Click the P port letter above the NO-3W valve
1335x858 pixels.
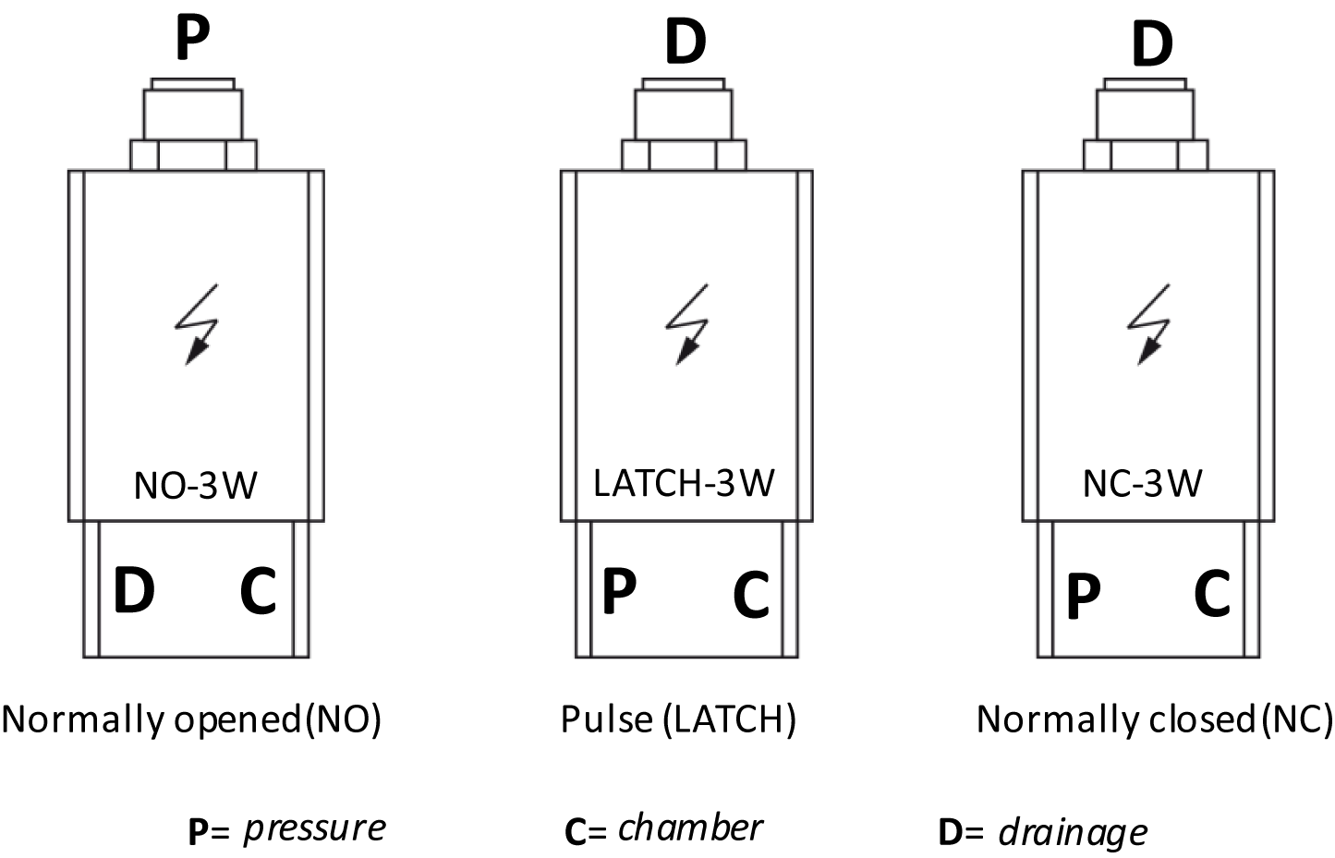[x=192, y=40]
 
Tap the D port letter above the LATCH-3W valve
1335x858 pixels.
[x=686, y=42]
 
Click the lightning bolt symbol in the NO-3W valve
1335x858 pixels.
[x=197, y=323]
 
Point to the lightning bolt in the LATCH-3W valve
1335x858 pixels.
[x=687, y=323]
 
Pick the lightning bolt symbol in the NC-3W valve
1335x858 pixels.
[x=1148, y=323]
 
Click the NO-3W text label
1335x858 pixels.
[x=196, y=485]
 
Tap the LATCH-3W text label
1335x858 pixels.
[x=685, y=483]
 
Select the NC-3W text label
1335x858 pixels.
[x=1143, y=483]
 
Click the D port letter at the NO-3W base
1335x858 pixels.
[x=134, y=590]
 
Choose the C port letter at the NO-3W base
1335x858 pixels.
[x=258, y=590]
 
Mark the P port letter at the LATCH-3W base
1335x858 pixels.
[x=619, y=590]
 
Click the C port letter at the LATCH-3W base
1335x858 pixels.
[x=751, y=595]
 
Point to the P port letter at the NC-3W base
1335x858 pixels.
[x=1083, y=597]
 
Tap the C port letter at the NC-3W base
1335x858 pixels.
[x=1212, y=594]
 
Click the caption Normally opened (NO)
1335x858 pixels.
[x=191, y=719]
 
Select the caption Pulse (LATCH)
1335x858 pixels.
[x=678, y=719]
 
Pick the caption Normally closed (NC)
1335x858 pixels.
[x=1155, y=719]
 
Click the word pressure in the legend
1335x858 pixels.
[x=315, y=829]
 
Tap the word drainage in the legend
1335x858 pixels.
[x=1073, y=832]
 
